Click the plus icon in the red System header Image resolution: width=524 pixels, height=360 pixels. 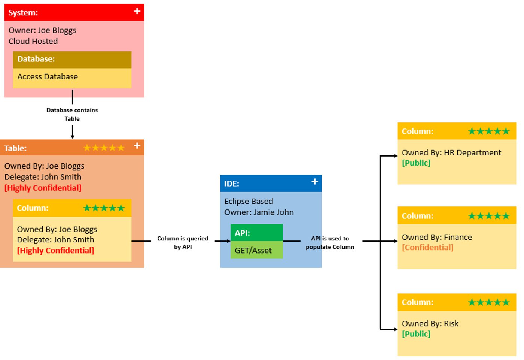[x=137, y=11]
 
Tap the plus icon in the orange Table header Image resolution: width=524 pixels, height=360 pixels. [x=137, y=146]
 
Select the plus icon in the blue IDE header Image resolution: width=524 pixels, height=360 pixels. [x=314, y=182]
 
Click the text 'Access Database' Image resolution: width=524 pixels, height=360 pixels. [x=48, y=77]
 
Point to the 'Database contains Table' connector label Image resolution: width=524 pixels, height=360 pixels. [x=72, y=114]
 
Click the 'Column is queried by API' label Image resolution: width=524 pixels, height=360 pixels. [x=183, y=243]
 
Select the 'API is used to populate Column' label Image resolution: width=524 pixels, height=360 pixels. [x=330, y=243]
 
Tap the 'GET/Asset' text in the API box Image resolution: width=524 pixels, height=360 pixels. [x=253, y=251]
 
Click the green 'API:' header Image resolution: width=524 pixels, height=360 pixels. [x=242, y=233]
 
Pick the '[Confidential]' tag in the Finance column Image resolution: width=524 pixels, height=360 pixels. [x=427, y=248]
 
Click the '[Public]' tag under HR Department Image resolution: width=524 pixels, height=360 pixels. [x=416, y=163]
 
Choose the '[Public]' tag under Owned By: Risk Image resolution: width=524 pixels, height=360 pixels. [x=416, y=334]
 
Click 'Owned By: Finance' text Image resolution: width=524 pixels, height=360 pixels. [x=437, y=237]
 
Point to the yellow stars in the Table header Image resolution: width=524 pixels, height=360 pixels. [x=104, y=148]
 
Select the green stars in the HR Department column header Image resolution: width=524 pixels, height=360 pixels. [x=488, y=131]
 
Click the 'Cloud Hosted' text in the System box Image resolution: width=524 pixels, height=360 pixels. [x=33, y=41]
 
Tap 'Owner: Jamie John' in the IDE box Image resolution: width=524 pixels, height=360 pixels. [x=259, y=212]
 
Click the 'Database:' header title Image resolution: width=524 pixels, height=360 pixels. [x=36, y=59]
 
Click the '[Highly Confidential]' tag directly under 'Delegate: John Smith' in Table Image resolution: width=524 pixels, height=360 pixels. [x=43, y=188]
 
